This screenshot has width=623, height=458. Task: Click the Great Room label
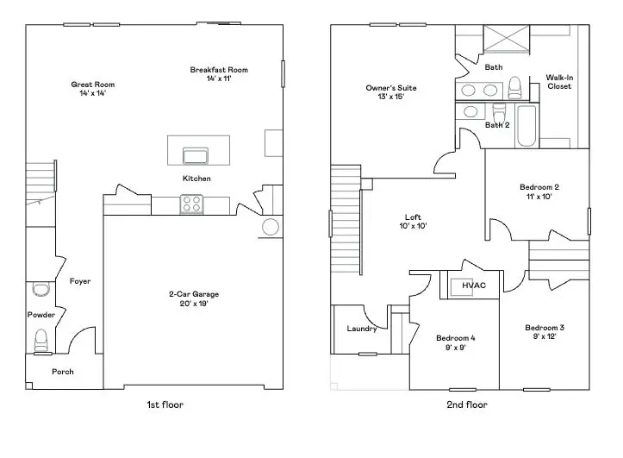pyautogui.click(x=92, y=85)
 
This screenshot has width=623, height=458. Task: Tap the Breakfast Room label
pyautogui.click(x=219, y=70)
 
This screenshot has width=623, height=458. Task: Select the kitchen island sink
pyautogui.click(x=196, y=155)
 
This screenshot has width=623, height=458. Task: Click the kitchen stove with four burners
pyautogui.click(x=191, y=204)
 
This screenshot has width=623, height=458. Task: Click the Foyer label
pyautogui.click(x=80, y=281)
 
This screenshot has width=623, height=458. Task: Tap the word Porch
pyautogui.click(x=63, y=372)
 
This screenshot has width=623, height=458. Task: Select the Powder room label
pyautogui.click(x=40, y=315)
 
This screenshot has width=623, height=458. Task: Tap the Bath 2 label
pyautogui.click(x=497, y=125)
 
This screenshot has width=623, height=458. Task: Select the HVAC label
pyautogui.click(x=474, y=285)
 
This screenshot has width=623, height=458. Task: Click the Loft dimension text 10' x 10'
pyautogui.click(x=413, y=226)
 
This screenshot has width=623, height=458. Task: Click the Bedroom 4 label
pyautogui.click(x=455, y=337)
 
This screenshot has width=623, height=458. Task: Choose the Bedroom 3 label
pyautogui.click(x=545, y=328)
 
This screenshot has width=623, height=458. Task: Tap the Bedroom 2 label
pyautogui.click(x=539, y=187)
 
